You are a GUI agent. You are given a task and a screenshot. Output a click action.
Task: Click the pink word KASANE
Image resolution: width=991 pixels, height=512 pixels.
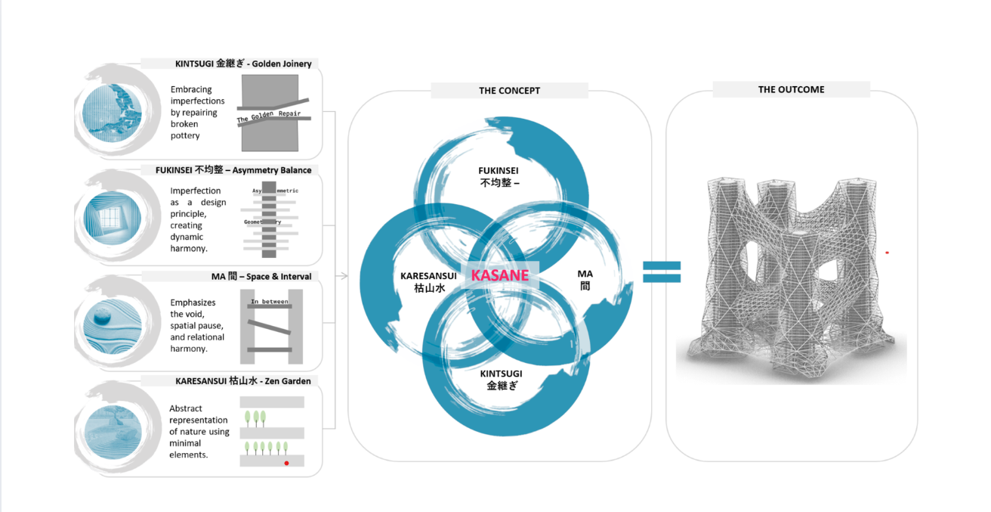click(x=499, y=275)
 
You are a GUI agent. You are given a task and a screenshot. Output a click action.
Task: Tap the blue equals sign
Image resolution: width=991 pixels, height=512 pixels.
click(x=662, y=272)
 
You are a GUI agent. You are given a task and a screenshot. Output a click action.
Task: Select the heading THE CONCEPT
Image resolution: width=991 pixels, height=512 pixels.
click(x=509, y=91)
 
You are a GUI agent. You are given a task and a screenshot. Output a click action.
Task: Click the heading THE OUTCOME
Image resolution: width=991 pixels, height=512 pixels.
click(x=791, y=89)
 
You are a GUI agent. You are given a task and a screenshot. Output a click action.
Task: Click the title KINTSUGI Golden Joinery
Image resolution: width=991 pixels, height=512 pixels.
click(x=243, y=64)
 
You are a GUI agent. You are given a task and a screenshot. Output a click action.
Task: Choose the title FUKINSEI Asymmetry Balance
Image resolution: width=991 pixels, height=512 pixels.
click(x=233, y=170)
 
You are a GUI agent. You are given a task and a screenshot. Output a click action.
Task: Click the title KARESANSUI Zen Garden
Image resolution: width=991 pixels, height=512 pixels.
click(x=242, y=381)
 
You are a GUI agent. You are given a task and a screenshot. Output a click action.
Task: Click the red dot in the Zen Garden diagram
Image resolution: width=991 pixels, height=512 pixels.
click(x=286, y=462)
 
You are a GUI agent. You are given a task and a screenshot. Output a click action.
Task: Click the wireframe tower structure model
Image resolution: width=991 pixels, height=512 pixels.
click(x=789, y=272)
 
